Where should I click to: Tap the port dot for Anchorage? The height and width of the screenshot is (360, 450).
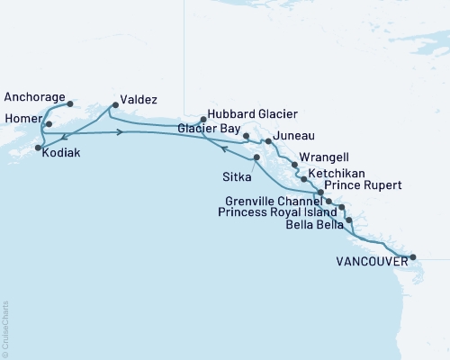(70, 103)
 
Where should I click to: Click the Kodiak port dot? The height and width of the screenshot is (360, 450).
(38, 147)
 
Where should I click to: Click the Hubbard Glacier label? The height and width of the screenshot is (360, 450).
(252, 114)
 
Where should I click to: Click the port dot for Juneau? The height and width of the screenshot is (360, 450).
(268, 141)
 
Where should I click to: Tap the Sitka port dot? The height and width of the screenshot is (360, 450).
(257, 158)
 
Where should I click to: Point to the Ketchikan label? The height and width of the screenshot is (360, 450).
(336, 172)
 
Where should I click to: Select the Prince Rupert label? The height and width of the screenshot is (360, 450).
(365, 186)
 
